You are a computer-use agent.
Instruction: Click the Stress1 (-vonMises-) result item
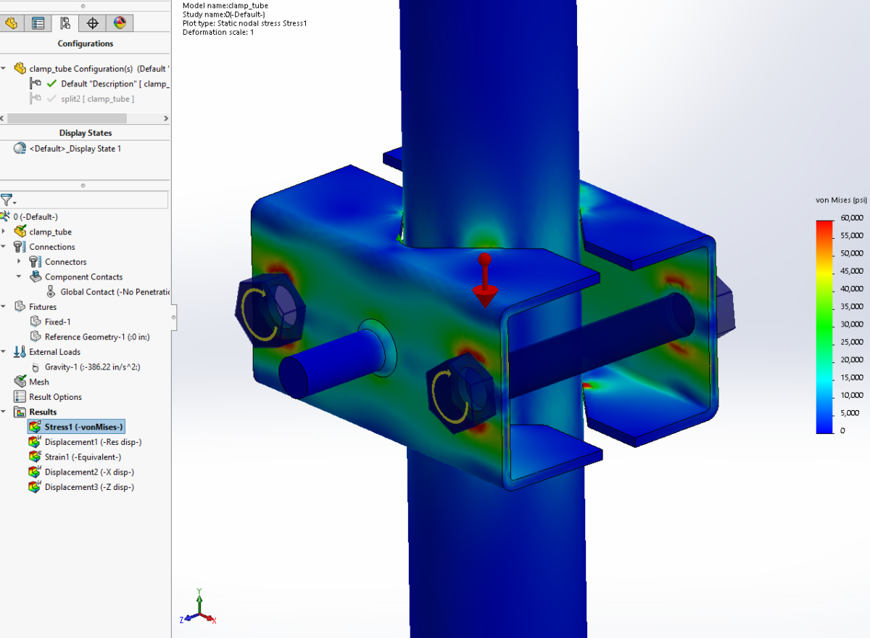(x=83, y=427)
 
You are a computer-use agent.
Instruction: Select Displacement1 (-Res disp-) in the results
(x=92, y=442)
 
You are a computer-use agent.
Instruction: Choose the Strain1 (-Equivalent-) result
(x=83, y=457)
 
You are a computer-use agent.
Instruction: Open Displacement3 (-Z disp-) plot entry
(x=88, y=487)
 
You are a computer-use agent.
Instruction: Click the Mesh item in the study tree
(x=39, y=382)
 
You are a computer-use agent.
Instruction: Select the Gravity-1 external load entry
(x=92, y=367)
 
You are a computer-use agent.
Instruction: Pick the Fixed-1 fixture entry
(x=57, y=322)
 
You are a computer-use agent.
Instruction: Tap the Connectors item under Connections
(x=65, y=262)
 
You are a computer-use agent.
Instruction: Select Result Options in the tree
(x=55, y=397)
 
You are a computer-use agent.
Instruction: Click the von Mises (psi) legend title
(x=841, y=200)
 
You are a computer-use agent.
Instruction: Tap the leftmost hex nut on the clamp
(x=270, y=310)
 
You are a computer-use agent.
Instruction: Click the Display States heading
(x=86, y=133)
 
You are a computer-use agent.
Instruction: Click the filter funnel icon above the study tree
(x=7, y=200)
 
